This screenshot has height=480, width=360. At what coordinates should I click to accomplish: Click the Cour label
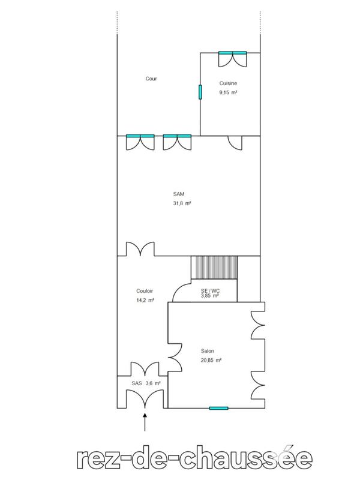coord(151,79)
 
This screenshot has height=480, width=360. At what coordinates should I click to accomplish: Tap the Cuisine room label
coord(229,83)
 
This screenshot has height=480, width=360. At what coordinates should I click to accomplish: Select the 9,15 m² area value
coord(229,93)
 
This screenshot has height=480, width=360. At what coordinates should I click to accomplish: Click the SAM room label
coord(178,194)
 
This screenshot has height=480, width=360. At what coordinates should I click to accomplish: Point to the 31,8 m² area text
coord(181,203)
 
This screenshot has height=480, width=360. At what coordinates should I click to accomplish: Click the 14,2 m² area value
coord(146,300)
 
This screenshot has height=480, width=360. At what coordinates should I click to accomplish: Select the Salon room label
coord(208,351)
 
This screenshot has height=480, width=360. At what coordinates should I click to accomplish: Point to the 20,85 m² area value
coord(211,361)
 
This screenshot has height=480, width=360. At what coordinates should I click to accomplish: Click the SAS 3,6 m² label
coord(146,383)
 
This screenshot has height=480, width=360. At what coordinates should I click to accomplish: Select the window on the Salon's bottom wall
coord(218,408)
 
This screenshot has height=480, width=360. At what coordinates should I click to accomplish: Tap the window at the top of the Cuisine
coord(232,54)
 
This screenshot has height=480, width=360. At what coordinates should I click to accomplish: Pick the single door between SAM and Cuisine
coord(235,142)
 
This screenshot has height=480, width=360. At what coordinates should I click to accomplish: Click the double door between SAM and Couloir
coord(140,248)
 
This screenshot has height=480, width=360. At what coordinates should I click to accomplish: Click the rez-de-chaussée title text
coord(196,458)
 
